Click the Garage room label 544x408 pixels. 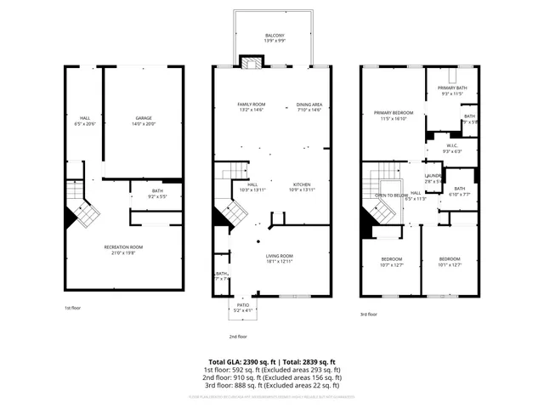click(144, 118)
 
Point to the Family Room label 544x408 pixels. click(252, 104)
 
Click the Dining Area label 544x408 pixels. click(309, 104)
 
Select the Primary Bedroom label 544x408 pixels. click(393, 112)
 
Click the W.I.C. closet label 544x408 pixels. click(453, 145)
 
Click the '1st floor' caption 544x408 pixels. click(73, 308)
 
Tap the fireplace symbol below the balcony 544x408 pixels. click(249, 62)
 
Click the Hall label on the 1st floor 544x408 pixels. click(85, 118)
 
